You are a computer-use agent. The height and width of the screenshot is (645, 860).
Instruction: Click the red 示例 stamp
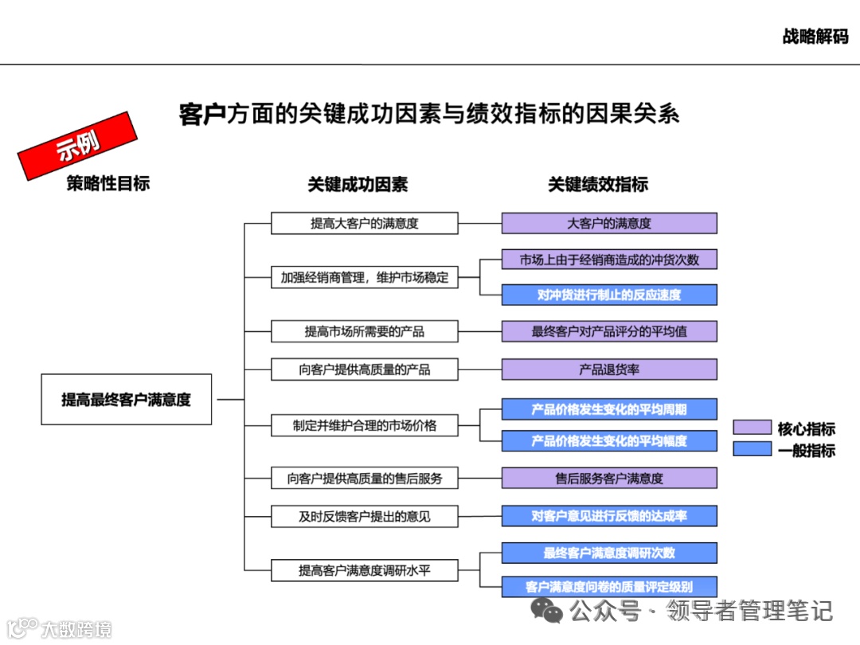76,146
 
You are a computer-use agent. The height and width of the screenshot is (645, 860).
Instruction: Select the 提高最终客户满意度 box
127,399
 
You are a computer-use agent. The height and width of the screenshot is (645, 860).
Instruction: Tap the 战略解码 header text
815,37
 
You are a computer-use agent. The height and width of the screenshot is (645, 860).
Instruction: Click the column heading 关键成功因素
358,184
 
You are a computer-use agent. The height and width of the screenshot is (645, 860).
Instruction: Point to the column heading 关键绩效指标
597,184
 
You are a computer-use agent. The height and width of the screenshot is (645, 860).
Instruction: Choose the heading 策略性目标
108,183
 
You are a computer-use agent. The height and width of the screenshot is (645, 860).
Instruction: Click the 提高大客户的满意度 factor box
365,223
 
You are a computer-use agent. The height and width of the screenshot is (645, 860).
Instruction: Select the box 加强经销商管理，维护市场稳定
365,277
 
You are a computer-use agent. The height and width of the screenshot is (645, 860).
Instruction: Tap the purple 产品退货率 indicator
609,369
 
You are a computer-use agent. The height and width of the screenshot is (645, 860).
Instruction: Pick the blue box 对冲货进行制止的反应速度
609,295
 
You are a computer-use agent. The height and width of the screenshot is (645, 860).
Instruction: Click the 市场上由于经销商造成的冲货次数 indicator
609,260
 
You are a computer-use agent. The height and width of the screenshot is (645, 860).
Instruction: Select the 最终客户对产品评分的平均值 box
609,331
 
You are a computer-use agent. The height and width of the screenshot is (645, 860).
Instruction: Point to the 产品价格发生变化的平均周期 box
609,409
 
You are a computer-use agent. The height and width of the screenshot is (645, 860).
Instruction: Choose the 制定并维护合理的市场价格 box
365,425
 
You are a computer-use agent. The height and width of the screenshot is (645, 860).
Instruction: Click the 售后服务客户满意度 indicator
609,478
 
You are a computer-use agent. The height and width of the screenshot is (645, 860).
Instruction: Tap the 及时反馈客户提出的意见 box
365,516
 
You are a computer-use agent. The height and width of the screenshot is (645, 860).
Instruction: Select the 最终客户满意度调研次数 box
609,553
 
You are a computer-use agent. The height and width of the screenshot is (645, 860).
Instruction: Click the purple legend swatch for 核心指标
752,428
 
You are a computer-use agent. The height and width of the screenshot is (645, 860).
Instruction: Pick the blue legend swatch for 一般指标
752,450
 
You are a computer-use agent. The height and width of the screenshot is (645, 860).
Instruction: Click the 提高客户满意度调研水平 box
365,570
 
